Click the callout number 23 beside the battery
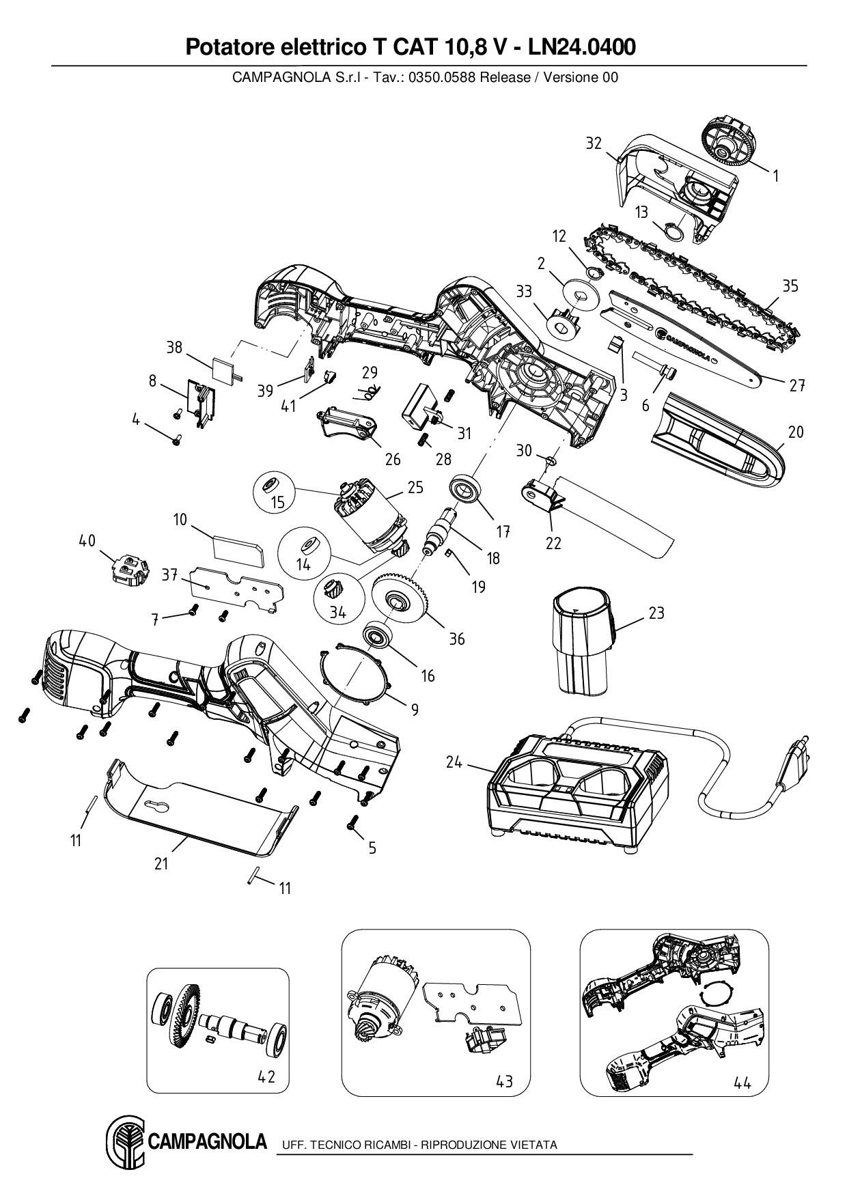(656, 613)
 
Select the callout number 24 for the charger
(454, 762)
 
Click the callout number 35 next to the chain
(790, 285)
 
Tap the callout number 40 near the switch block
(87, 541)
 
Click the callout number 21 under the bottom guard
(161, 863)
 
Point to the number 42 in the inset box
(266, 1076)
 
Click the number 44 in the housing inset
(742, 1082)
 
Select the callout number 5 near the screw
(372, 848)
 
